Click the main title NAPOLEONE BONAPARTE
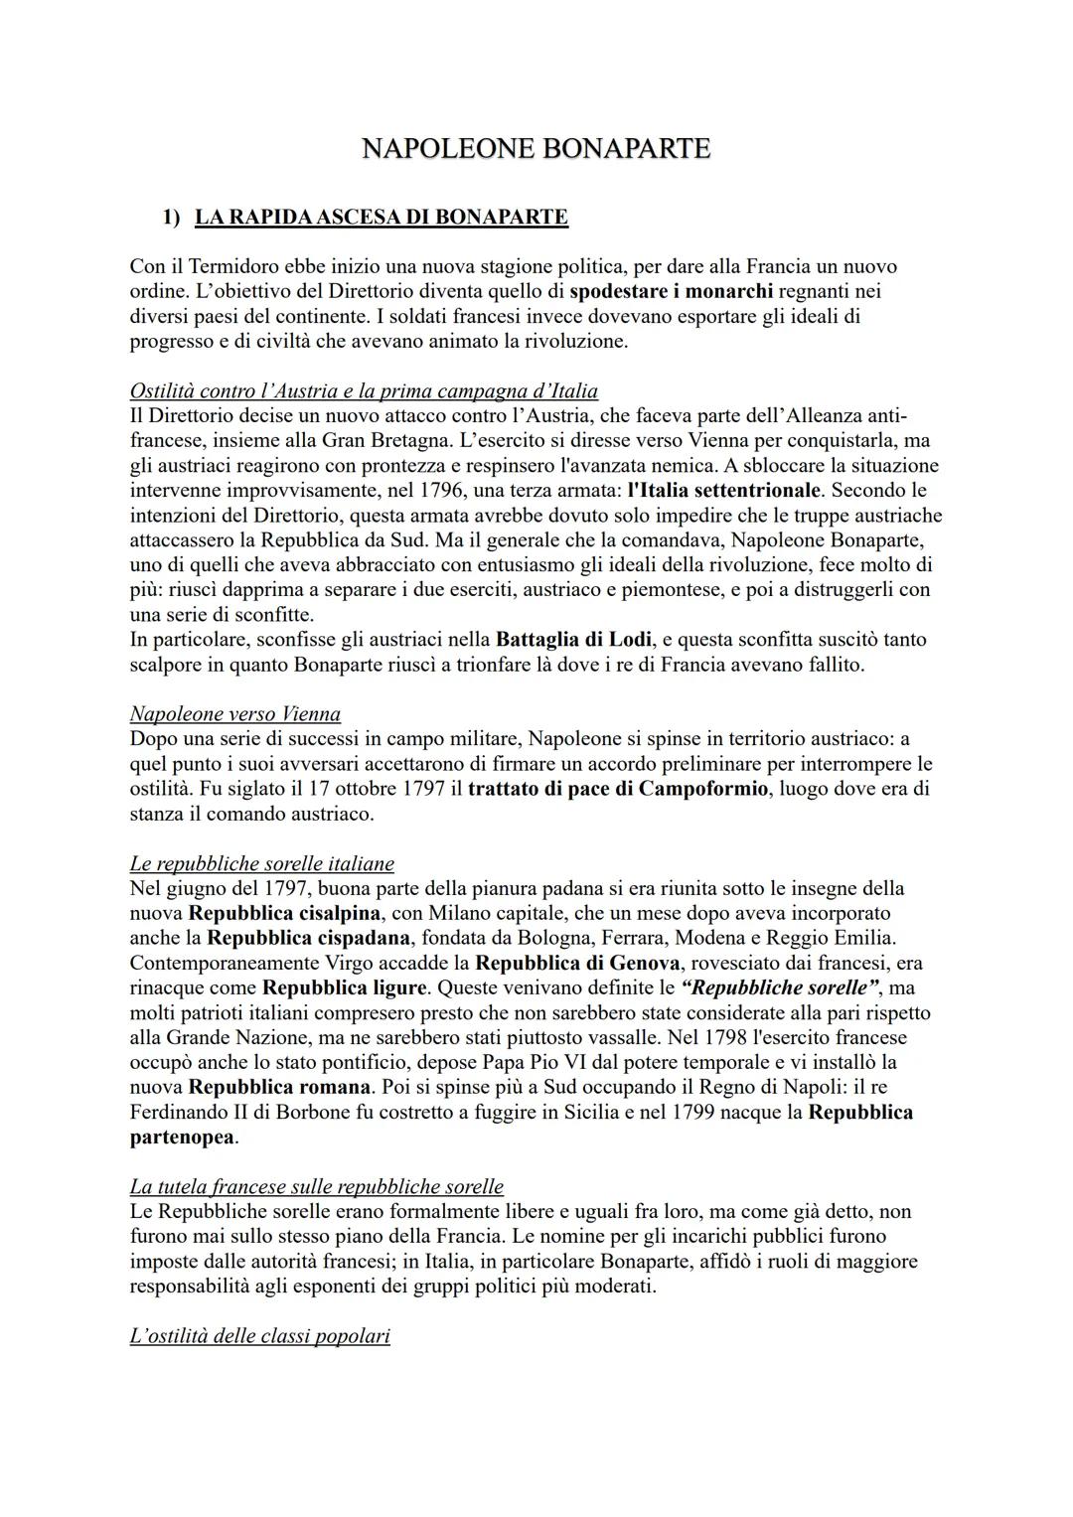tap(536, 149)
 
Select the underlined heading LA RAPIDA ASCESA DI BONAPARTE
tap(382, 217)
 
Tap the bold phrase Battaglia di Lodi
tap(570, 640)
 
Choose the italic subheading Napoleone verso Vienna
tap(235, 714)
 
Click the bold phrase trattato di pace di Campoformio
tap(618, 789)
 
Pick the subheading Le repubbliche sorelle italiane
tap(262, 863)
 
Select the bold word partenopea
tap(183, 1137)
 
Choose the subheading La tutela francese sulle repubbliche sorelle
tap(317, 1186)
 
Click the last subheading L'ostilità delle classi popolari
tap(260, 1336)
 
